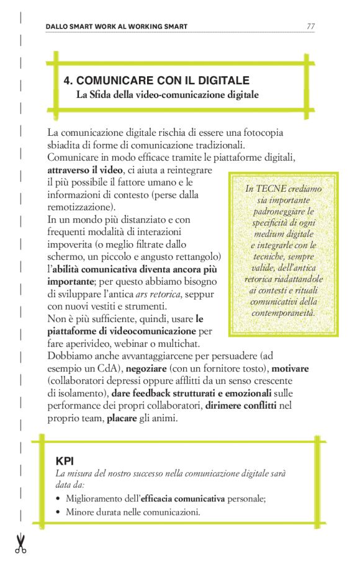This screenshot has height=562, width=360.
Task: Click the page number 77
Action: coord(310,27)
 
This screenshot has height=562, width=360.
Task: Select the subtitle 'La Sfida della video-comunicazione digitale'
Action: coord(166,95)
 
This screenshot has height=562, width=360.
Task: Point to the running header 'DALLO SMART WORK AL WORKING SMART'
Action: coord(117,27)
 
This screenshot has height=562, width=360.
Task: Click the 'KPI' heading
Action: coord(64,461)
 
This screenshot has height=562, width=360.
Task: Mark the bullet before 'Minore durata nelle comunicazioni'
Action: coord(58,512)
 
